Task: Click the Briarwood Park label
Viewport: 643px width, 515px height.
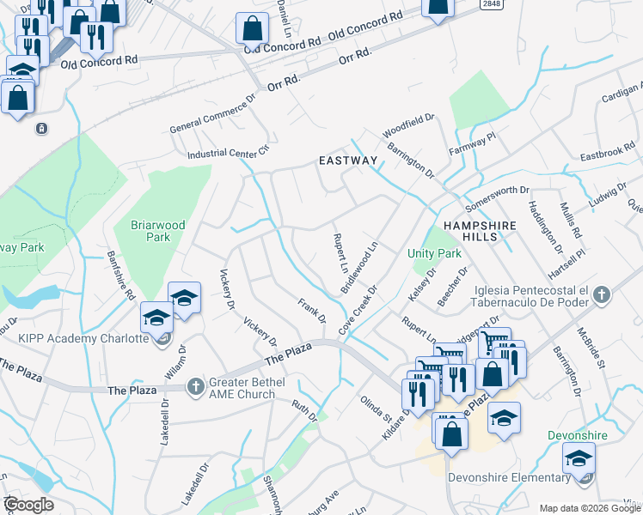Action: coord(157,231)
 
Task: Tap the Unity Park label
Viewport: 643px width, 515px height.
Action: coord(434,254)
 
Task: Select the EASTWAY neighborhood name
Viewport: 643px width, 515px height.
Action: coord(347,161)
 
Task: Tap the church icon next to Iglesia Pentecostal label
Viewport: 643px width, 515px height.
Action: coord(602,295)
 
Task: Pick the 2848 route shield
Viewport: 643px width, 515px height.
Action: coord(491,5)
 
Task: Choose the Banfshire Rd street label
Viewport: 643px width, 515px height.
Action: coord(121,275)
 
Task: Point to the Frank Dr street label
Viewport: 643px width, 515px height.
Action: coord(312,311)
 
